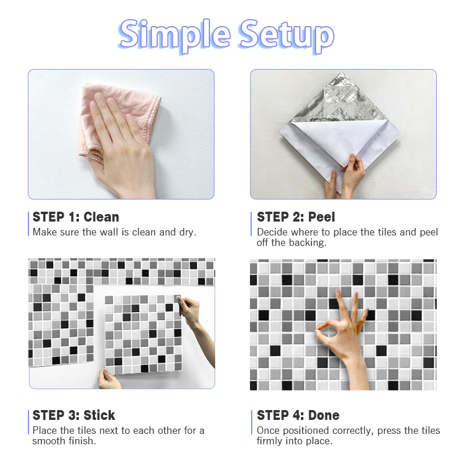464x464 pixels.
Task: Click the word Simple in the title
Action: pos(175,35)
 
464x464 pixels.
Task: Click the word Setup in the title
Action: pos(287,35)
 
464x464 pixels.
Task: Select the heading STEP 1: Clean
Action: pos(76,217)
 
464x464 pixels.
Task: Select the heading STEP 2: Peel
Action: pos(296,217)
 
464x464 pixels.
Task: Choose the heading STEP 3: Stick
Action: pos(74,415)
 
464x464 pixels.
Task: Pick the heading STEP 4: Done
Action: pos(298,415)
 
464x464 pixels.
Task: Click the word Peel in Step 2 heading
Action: pos(322,217)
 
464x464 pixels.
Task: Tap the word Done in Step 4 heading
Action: pos(324,415)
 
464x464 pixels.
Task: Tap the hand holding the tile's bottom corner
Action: pos(108,379)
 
